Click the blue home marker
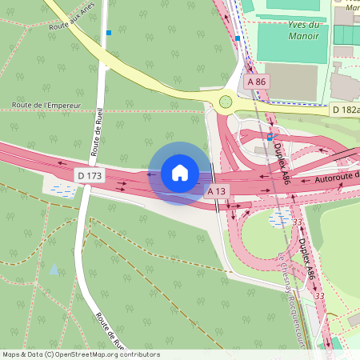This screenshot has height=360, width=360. [180, 172]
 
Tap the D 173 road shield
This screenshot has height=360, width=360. [90, 174]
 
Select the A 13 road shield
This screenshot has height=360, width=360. [218, 191]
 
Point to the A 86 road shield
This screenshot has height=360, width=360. [256, 82]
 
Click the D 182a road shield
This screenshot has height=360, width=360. [346, 110]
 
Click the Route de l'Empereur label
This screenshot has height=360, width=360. [47, 105]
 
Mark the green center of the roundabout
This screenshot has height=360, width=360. [226, 102]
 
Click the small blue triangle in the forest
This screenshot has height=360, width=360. [54, 270]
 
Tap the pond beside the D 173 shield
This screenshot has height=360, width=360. [62, 190]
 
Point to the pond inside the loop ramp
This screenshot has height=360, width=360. [281, 217]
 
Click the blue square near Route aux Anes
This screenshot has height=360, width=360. [109, 33]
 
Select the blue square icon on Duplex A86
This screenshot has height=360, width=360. [270, 137]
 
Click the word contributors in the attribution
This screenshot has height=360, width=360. [140, 354]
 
